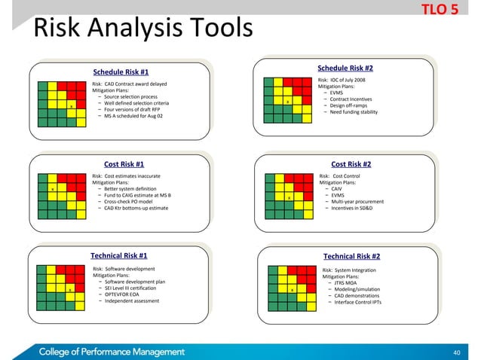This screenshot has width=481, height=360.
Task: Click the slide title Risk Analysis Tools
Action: [x=142, y=31]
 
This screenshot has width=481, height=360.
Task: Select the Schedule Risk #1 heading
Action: [x=120, y=72]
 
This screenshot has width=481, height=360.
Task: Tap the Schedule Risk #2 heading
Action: [x=346, y=68]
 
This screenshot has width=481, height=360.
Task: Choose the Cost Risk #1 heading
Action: [x=124, y=163]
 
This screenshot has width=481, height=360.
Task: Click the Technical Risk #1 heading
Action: [x=118, y=255]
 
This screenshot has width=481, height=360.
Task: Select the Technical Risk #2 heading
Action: [x=351, y=256]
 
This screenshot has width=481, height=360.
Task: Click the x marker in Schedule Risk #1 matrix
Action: [x=71, y=106]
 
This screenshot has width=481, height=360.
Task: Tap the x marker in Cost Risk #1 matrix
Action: [x=52, y=188]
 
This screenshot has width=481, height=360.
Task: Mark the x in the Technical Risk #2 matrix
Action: [x=292, y=289]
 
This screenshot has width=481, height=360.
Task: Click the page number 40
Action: [x=455, y=352]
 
